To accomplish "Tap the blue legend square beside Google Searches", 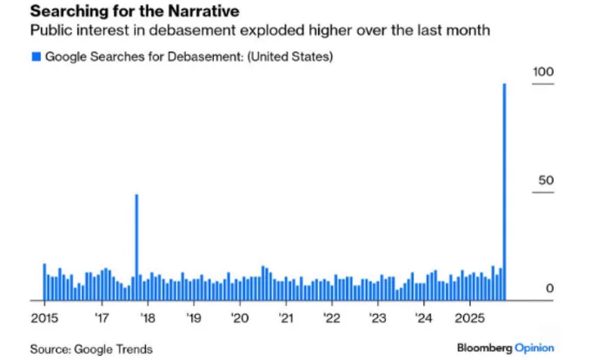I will click(x=36, y=57).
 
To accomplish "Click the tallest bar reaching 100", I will click(x=505, y=191).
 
